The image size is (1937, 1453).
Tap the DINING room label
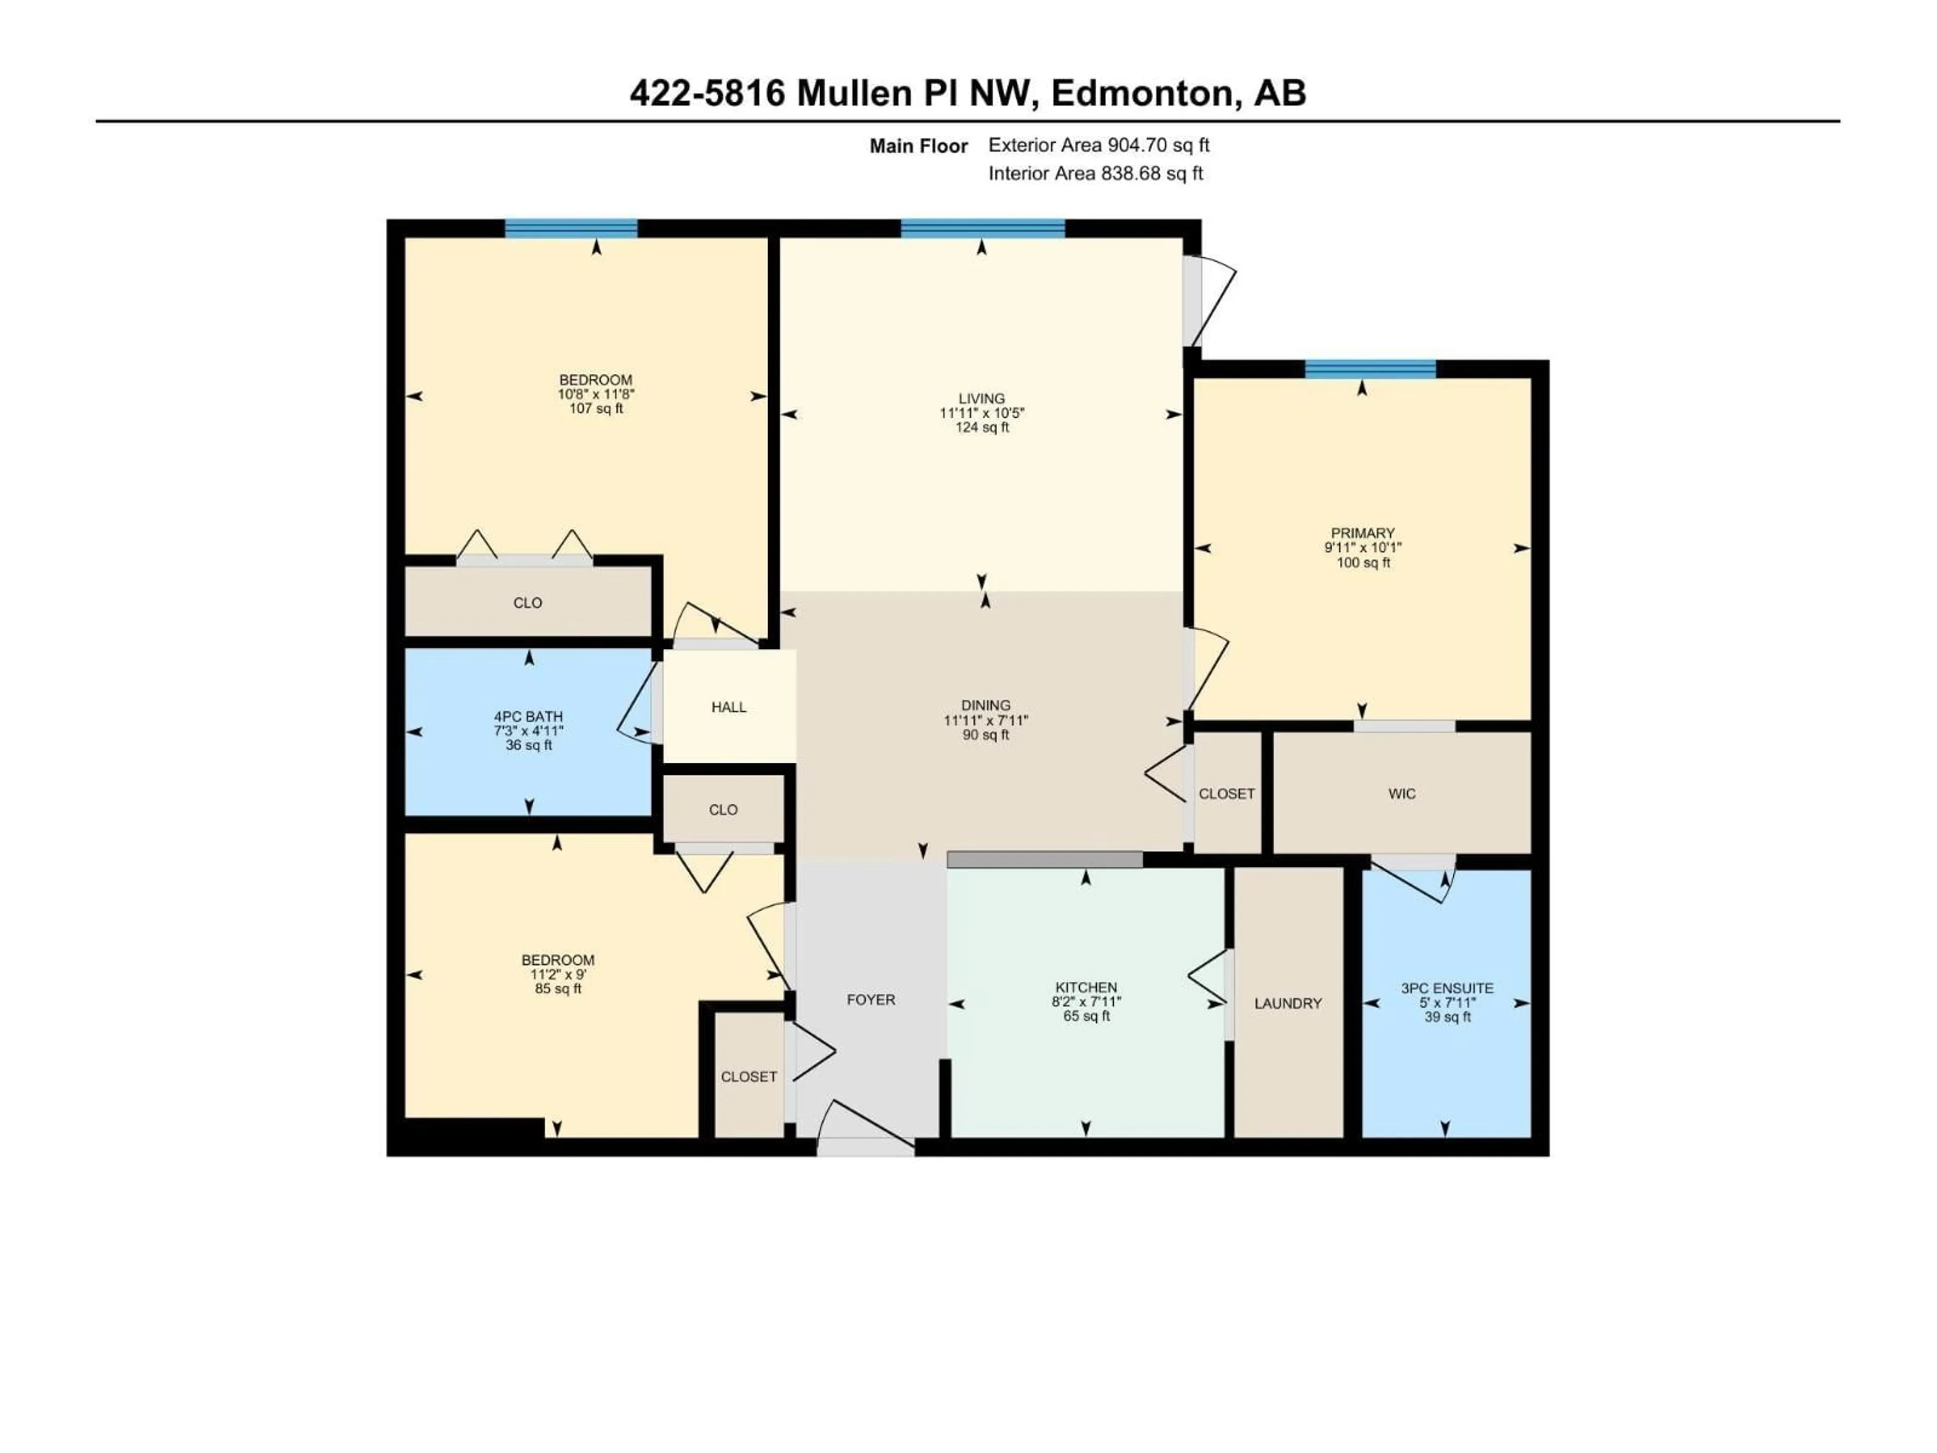pos(985,705)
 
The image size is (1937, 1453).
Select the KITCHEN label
pos(1086,987)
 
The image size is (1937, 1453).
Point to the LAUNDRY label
pos(1287,1003)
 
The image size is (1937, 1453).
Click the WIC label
pos(1401,794)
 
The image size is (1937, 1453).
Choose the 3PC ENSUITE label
pos(1447,988)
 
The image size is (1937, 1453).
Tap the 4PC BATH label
pos(528,716)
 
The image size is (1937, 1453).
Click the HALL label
pos(728,707)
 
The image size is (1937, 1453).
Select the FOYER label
pos(871,999)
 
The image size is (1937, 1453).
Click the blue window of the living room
pos(983,229)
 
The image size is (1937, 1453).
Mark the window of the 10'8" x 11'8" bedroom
pos(571,229)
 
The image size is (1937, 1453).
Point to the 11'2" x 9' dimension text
pos(558,974)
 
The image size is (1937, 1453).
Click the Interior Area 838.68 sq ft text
pos(1096,174)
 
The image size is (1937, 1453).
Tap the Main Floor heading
pos(918,146)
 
